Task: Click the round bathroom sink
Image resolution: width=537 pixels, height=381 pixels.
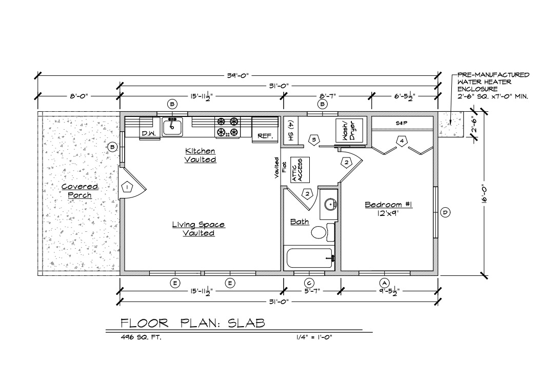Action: pos(329,205)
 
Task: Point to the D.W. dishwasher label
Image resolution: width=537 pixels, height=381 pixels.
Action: pos(149,134)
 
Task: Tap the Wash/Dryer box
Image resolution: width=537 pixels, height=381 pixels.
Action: pos(349,131)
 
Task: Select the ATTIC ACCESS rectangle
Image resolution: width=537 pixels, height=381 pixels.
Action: pos(300,170)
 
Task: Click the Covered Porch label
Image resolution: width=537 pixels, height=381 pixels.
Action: pos(79,191)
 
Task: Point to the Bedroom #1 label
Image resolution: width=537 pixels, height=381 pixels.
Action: pos(388,205)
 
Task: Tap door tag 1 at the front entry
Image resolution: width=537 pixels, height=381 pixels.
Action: pos(127,187)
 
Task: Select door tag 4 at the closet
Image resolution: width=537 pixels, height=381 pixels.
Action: pos(402,141)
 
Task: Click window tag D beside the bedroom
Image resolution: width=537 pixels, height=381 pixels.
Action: pos(445,212)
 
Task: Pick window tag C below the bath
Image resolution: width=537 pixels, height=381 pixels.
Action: pos(309,283)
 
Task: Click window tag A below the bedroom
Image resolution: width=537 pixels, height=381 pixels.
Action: pos(384,283)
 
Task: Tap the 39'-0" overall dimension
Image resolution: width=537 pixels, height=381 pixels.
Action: pos(237,75)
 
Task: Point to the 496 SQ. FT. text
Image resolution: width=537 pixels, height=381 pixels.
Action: pos(141,337)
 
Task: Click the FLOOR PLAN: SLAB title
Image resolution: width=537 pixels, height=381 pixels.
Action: pos(193,323)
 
